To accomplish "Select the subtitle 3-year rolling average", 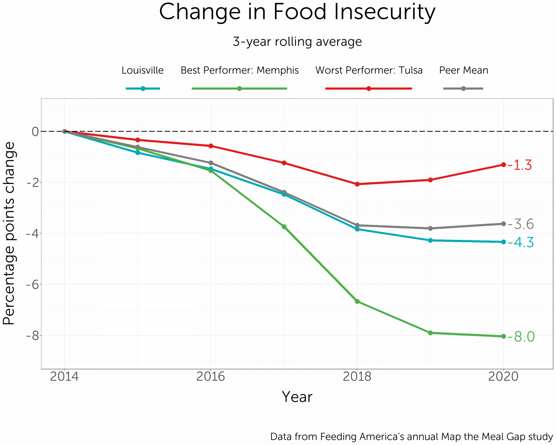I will [297, 42].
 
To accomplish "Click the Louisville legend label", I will [142, 70].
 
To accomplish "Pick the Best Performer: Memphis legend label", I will [239, 70].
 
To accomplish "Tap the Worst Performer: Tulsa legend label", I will [369, 70].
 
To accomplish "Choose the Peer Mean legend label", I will [463, 70].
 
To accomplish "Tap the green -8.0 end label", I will [521, 337].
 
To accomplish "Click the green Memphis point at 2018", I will [357, 301].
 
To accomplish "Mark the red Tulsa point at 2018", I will [357, 184].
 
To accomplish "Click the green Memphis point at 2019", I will [430, 333].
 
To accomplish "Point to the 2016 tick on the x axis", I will [211, 377].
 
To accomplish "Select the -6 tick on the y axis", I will [32, 285].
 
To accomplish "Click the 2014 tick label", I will [64, 377].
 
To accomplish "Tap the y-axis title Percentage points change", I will [9, 233].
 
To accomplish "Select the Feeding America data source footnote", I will [411, 437].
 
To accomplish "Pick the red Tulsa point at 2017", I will [284, 163].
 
